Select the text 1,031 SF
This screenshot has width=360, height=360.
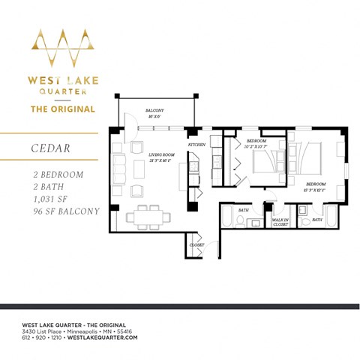point(44,199)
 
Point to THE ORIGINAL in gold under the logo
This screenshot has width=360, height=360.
point(62,109)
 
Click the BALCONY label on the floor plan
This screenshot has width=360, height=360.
point(155,112)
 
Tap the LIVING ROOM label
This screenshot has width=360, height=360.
point(160,155)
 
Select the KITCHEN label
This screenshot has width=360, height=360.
point(196,143)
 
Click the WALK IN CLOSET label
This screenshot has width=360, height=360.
point(280,222)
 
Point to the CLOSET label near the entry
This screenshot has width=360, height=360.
point(197,244)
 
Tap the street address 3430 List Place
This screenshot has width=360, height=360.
point(53,331)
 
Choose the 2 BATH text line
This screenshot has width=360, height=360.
point(39,186)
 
